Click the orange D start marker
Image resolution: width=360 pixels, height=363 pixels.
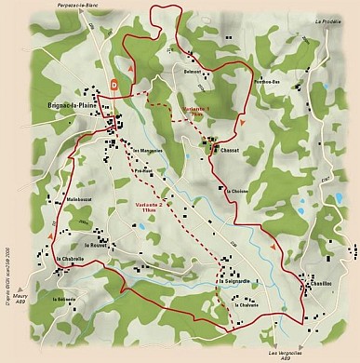pyautogui.click(x=113, y=85)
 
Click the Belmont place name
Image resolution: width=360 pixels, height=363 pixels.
pyautogui.click(x=192, y=71)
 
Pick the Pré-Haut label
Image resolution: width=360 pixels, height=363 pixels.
pyautogui.click(x=143, y=171)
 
